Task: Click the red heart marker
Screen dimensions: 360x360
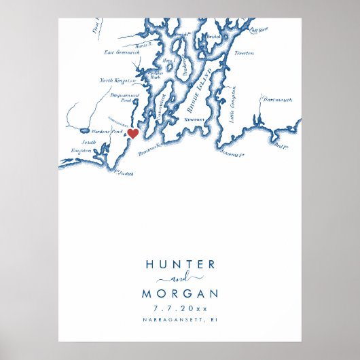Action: (133, 133)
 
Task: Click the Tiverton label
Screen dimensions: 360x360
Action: (244, 52)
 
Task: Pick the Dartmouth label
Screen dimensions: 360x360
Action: (277, 100)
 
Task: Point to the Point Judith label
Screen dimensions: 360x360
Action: (124, 174)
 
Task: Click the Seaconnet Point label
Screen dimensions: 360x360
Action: (232, 156)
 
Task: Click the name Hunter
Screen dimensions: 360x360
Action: (180, 265)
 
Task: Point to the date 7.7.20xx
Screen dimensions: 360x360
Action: (180, 308)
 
